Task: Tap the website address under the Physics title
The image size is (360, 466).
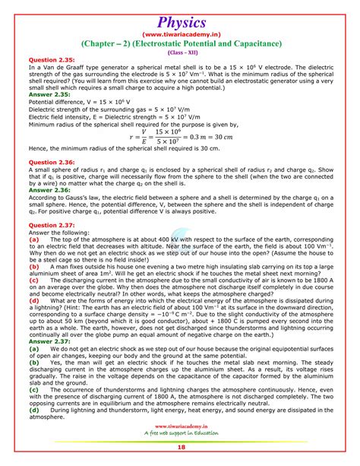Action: coord(180,33)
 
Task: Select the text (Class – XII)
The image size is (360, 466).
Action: coord(180,52)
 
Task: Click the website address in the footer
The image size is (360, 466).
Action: coord(179,427)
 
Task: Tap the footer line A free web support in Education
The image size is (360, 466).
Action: coord(179,435)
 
